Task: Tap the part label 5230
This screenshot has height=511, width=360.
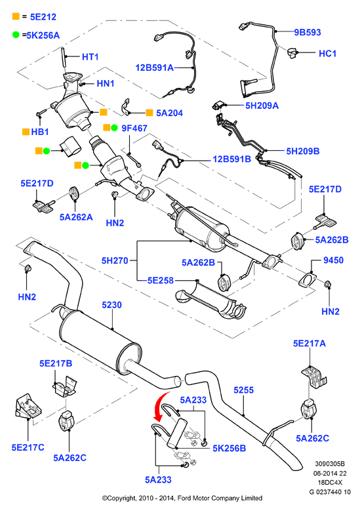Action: pos(111,305)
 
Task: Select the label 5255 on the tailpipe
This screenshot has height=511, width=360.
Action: pos(244,390)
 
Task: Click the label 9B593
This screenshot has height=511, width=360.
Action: pos(308,32)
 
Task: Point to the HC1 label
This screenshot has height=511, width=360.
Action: pos(327,53)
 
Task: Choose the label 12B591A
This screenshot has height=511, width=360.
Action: pos(154,68)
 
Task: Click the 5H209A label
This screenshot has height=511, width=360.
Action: pos(262,106)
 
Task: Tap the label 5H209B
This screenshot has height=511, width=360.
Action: pos(303,152)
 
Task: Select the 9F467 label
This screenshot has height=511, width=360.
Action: pos(134,129)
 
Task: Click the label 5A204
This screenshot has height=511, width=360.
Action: pos(169,113)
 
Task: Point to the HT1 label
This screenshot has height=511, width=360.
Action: pos(90,56)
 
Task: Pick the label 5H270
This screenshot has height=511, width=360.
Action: pos(115,260)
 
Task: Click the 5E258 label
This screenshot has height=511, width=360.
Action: pos(161,280)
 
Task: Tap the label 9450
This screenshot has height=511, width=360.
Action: pos(333,260)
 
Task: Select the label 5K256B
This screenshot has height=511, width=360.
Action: pos(230,449)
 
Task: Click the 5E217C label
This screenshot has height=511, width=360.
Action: pos(28,447)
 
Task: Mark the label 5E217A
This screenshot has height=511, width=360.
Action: pos(309,344)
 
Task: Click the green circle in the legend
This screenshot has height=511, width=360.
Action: pos(16,35)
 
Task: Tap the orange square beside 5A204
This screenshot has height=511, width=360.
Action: pos(150,113)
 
